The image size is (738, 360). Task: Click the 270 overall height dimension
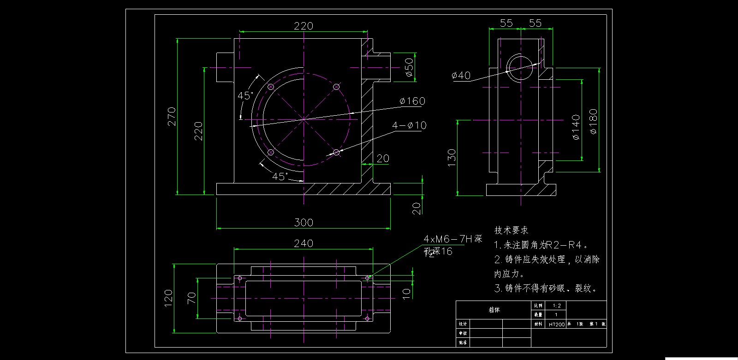(172, 117)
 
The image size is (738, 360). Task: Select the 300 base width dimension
(304, 223)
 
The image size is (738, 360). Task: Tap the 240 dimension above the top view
(304, 243)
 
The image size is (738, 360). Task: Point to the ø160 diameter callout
(412, 101)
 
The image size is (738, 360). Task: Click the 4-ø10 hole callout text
(409, 125)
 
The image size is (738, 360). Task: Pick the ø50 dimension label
(409, 67)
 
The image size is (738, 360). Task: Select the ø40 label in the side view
(461, 75)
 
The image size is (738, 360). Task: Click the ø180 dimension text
(593, 121)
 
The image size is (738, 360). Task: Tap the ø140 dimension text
(576, 127)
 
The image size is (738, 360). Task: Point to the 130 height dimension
(452, 158)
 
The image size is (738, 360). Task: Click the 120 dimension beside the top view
(168, 298)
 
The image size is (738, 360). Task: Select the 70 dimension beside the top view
(191, 298)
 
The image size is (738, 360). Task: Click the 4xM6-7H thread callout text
(452, 239)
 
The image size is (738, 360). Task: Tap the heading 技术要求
(511, 230)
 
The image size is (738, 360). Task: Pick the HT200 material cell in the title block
(556, 325)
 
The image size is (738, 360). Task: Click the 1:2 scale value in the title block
(556, 306)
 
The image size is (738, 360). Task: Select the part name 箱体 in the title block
(494, 310)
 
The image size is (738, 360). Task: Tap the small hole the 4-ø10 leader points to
(336, 152)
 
